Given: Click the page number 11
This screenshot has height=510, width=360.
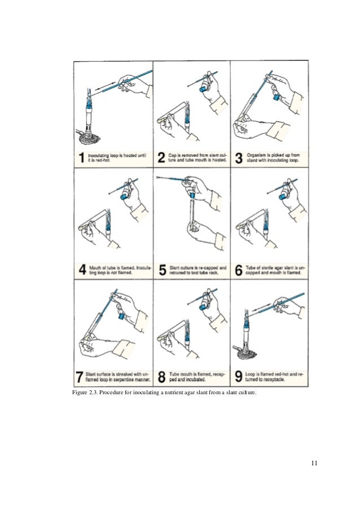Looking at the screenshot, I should tap(314, 464).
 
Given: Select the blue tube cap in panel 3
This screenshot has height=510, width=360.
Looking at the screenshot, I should tap(276, 97).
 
